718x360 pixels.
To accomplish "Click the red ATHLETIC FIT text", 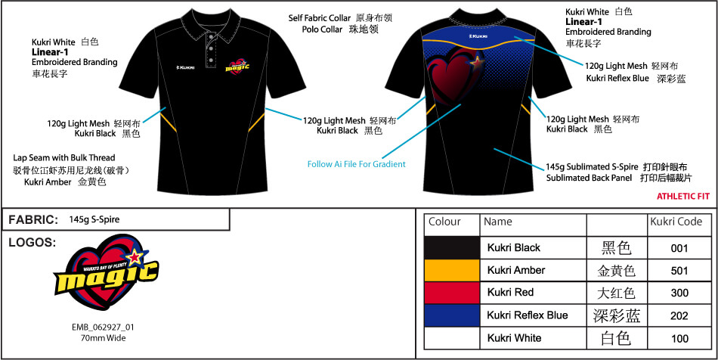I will click(683, 196).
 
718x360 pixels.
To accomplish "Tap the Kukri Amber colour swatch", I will click(452, 270).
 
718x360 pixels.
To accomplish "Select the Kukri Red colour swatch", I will click(452, 292).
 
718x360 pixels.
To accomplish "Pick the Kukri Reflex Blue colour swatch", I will click(452, 315).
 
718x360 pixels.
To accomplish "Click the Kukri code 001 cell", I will click(679, 247).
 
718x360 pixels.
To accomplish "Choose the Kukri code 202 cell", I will click(679, 315).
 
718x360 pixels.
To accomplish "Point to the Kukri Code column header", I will click(676, 222).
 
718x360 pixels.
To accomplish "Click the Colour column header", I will click(444, 222).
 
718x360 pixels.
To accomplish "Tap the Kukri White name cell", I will click(514, 337).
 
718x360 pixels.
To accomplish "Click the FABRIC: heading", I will click(33, 220).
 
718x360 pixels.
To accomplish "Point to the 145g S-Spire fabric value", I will click(94, 220).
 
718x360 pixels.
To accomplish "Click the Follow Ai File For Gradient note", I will click(356, 164).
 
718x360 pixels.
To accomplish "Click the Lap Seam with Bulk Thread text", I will click(64, 157).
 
